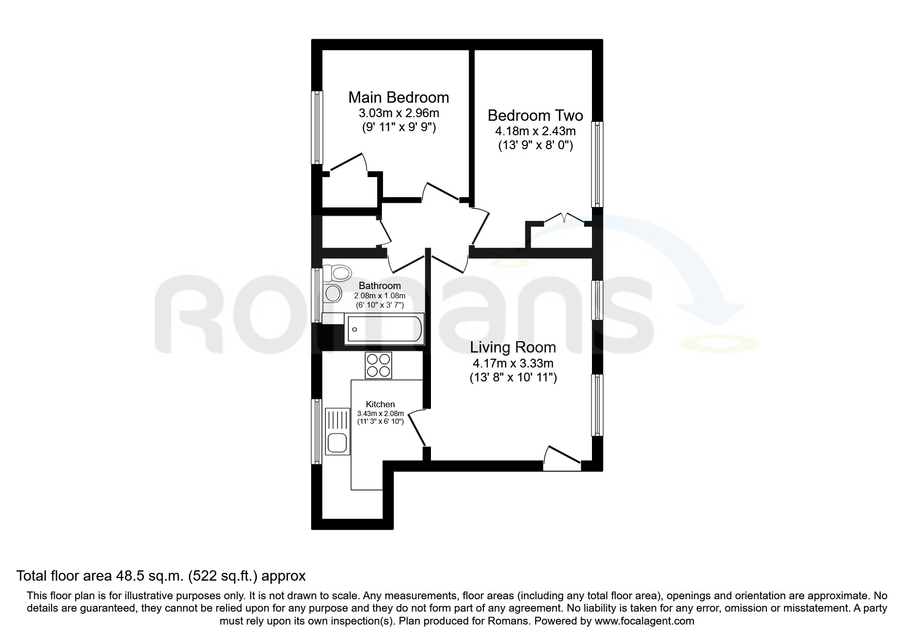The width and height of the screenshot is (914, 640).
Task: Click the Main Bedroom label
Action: (398, 97)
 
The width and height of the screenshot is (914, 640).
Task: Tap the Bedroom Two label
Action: (535, 115)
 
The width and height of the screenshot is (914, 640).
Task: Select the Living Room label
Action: (512, 347)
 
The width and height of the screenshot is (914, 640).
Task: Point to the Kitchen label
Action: (380, 405)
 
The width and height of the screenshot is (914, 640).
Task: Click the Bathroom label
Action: (380, 286)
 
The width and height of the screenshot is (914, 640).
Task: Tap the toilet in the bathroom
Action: (336, 272)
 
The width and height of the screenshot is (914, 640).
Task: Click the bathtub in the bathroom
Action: (384, 329)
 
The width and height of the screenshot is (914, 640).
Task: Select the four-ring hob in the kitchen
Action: (378, 365)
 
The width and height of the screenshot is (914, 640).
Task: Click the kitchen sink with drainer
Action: (338, 431)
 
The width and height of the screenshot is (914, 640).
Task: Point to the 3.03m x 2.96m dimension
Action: (399, 113)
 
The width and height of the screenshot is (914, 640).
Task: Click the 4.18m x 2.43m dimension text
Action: (536, 131)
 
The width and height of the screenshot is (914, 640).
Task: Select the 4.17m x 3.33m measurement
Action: (513, 363)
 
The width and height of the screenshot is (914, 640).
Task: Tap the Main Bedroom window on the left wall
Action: (317, 127)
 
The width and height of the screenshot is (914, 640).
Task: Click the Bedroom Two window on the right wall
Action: (597, 165)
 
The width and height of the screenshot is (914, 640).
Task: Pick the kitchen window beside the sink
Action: (317, 431)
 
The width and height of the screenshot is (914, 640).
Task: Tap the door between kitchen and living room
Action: (416, 429)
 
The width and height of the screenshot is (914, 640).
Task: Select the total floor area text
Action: (162, 575)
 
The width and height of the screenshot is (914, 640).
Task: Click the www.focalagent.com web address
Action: (645, 621)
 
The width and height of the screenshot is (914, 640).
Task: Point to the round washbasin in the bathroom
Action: (333, 293)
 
